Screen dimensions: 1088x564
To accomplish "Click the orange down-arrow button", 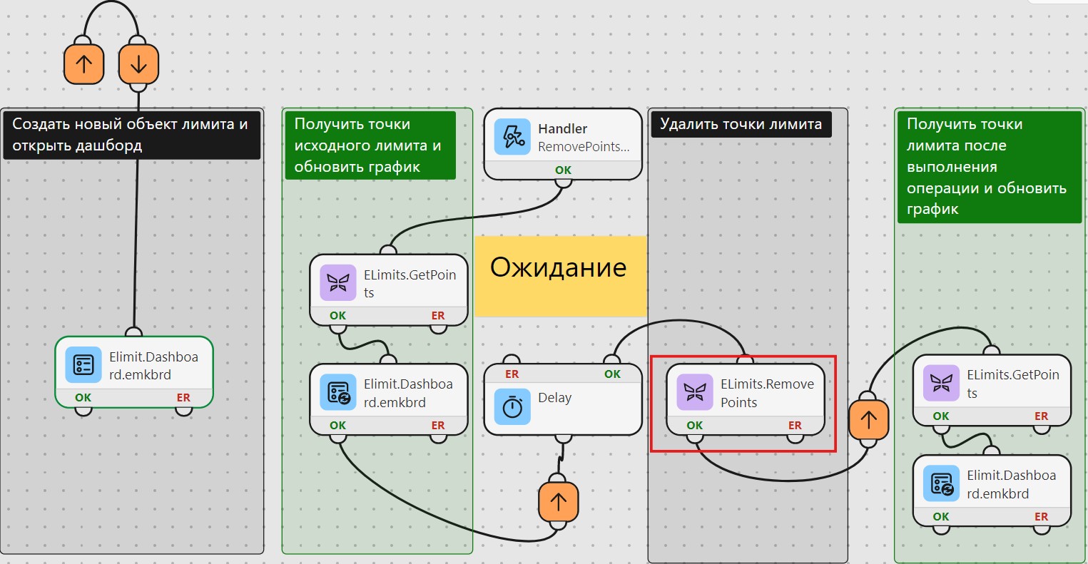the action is tap(138, 64).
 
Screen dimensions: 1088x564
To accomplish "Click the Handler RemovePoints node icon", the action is tap(512, 137).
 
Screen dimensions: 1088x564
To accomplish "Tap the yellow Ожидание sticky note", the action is tap(561, 276).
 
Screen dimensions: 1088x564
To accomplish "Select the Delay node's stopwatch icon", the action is tap(512, 406).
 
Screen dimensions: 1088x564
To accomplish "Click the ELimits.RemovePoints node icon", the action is tap(695, 392).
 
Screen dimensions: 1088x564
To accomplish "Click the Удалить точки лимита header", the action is tap(741, 124).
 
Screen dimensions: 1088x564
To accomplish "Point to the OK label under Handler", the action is tap(564, 170).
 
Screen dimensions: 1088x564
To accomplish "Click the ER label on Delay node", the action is tap(512, 374).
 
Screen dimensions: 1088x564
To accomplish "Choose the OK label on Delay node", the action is tap(612, 374).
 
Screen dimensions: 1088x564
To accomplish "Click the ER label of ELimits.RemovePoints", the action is tap(795, 426).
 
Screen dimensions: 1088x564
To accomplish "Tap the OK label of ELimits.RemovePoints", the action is tap(695, 426).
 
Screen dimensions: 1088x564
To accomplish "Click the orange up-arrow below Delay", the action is tap(559, 502).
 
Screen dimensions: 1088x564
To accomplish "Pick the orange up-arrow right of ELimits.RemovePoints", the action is tap(869, 419).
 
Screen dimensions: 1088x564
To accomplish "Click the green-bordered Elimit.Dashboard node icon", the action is tap(83, 365).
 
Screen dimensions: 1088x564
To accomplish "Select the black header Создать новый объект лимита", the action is tap(132, 135).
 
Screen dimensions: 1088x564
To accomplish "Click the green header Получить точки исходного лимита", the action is tap(370, 145).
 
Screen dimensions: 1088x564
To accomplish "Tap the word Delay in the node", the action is tap(554, 398).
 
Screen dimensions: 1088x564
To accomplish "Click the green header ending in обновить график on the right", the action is tap(990, 167).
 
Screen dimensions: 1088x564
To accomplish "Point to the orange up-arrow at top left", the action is tap(84, 64).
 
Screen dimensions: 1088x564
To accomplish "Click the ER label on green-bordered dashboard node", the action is tap(183, 398).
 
